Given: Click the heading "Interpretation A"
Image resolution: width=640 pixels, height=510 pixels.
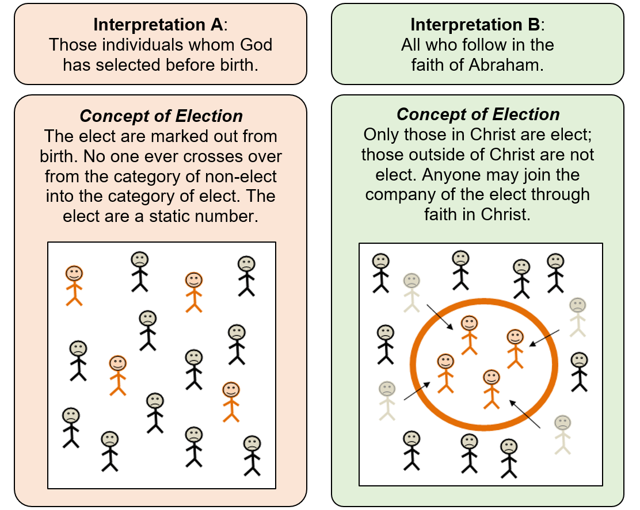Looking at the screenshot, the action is pos(159,25).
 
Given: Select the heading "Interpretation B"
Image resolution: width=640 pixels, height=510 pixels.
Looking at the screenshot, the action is pos(476,25).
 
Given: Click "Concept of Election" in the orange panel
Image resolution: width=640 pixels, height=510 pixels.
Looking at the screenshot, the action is pos(161,116).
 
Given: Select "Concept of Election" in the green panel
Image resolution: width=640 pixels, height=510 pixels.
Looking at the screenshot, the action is pos(478,114).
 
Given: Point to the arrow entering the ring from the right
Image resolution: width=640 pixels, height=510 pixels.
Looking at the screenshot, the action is pos(544,338).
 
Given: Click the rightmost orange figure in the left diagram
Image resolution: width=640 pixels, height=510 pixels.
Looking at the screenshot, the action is pos(231,401).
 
